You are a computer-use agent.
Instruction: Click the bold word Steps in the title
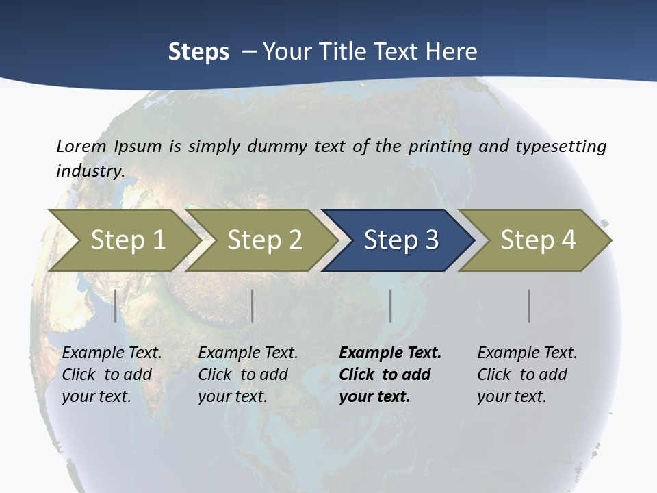click(198, 51)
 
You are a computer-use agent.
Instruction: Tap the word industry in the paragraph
click(90, 170)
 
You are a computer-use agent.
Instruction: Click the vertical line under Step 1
click(116, 305)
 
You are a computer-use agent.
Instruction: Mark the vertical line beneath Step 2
click(253, 305)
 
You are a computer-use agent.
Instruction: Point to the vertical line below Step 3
click(391, 305)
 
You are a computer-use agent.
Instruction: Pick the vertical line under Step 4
click(529, 305)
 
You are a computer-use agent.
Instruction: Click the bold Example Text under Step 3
click(390, 353)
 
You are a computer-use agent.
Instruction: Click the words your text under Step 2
click(232, 396)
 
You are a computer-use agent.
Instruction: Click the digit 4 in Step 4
click(568, 240)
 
